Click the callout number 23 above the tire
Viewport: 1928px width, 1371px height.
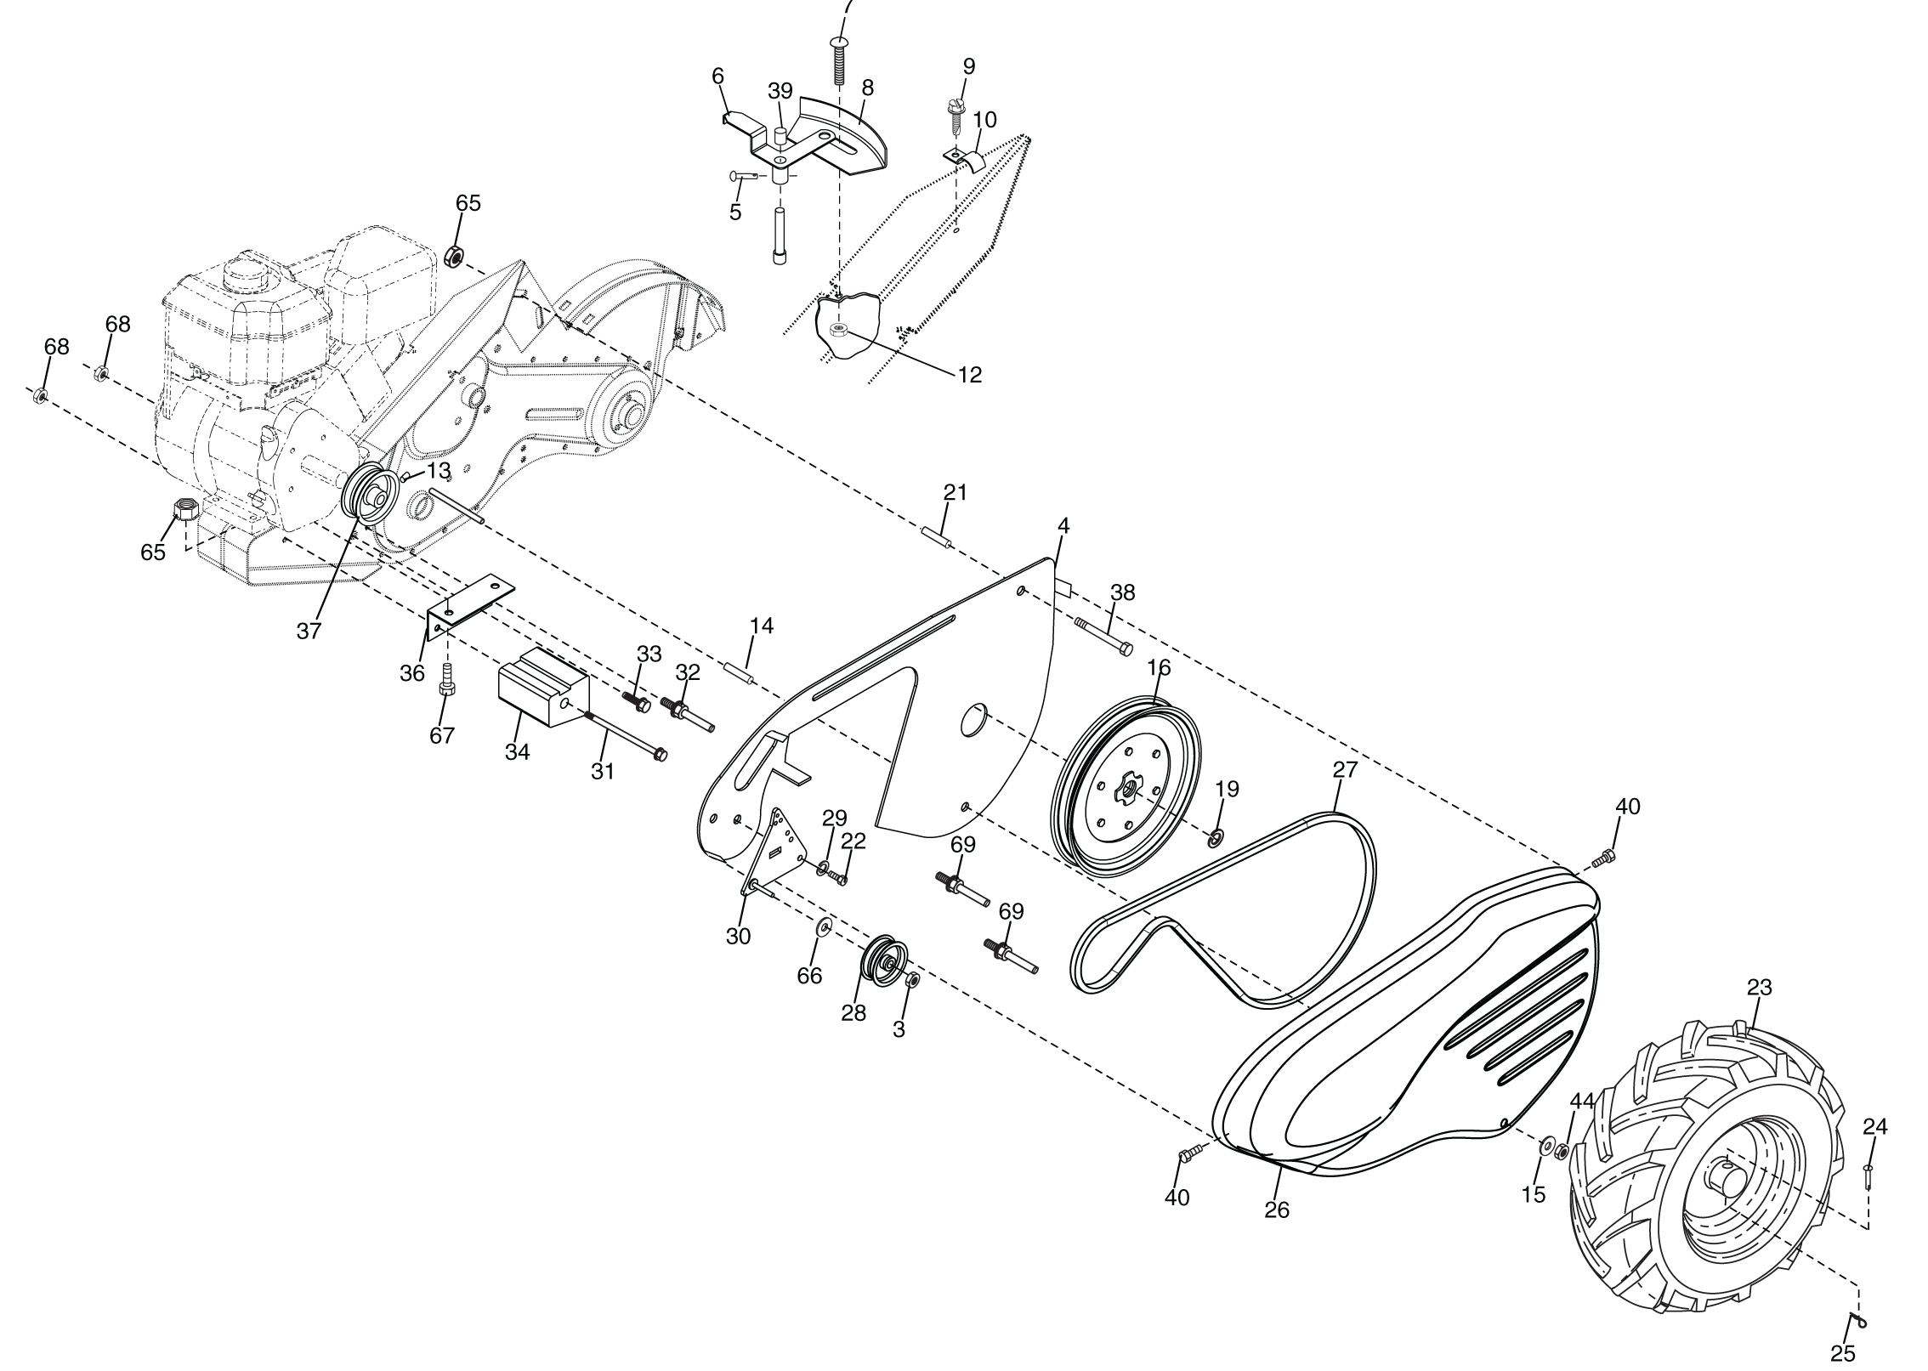1759,988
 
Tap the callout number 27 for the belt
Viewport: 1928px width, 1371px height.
1345,769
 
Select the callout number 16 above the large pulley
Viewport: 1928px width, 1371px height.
1159,668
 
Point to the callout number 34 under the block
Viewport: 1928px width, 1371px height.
517,751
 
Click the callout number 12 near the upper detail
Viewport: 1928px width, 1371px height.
970,374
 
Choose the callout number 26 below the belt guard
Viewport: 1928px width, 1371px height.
1277,1210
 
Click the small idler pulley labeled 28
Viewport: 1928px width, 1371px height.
886,961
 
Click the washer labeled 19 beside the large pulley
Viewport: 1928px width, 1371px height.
1215,839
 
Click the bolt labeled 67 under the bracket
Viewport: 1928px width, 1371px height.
446,680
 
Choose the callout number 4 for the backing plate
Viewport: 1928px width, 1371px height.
1063,526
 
